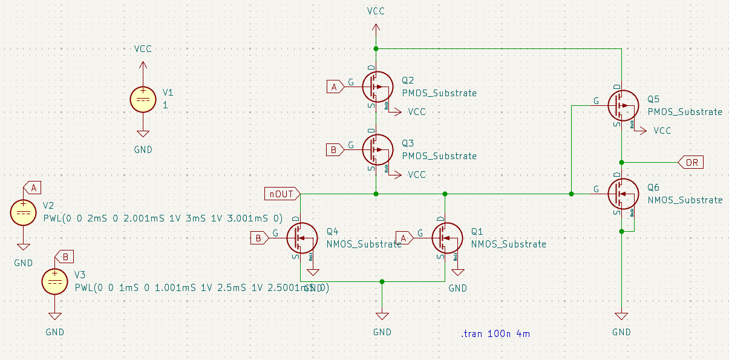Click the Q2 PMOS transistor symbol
click(x=377, y=87)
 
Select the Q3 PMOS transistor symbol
click(x=377, y=149)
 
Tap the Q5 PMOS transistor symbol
click(x=622, y=105)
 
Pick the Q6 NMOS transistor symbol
click(x=622, y=194)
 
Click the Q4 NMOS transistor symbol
click(x=301, y=238)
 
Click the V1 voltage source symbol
click(x=143, y=99)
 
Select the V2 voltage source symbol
click(x=24, y=213)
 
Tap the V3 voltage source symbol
click(x=55, y=282)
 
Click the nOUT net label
click(x=282, y=194)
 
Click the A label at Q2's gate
click(x=335, y=87)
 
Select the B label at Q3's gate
click(x=335, y=149)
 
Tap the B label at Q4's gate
click(x=259, y=238)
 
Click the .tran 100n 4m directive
click(x=495, y=333)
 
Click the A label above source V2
click(x=33, y=187)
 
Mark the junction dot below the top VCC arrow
click(x=376, y=48)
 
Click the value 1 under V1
click(x=165, y=105)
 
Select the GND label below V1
click(x=143, y=149)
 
